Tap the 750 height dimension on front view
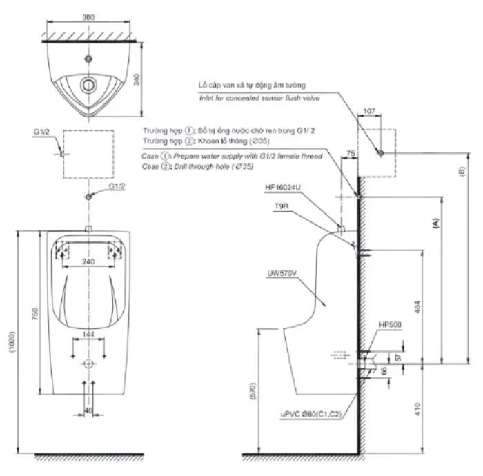[x=34, y=313]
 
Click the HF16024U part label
[x=284, y=186]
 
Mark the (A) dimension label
[x=435, y=222]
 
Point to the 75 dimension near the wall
[x=351, y=155]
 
